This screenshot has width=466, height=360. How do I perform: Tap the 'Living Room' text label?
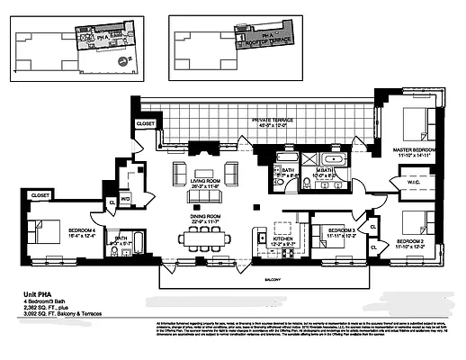pos(208,183)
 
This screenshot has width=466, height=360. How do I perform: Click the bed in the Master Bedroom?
pos(416,127)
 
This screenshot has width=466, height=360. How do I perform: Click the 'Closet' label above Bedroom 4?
pos(39,193)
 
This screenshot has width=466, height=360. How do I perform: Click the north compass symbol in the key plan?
pos(129,61)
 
